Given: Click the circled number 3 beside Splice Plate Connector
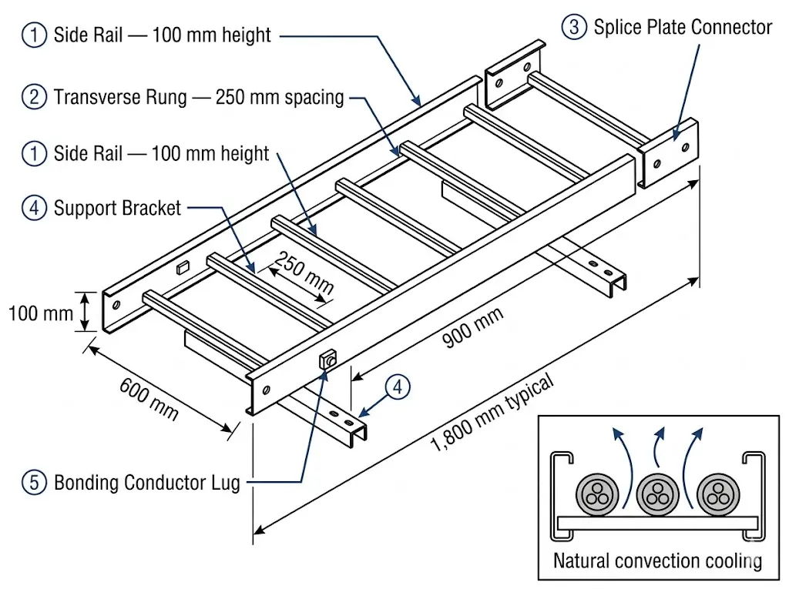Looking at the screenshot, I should pos(573,28).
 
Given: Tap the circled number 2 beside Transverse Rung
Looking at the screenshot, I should pos(34,97).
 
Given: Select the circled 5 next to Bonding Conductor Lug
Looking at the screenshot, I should pos(34,483).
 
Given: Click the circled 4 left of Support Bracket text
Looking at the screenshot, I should pos(34,208).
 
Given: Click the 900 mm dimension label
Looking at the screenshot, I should pos(472,327).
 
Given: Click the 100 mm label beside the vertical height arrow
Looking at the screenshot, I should pos(40,313).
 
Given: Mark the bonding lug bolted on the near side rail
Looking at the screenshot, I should pos(327,360).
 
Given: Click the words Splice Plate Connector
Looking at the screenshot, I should pos(682,28).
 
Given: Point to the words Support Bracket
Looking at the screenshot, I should pos(117,208).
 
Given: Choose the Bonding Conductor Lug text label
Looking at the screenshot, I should pos(146,483).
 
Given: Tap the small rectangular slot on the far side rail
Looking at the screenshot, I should pos(183,267).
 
